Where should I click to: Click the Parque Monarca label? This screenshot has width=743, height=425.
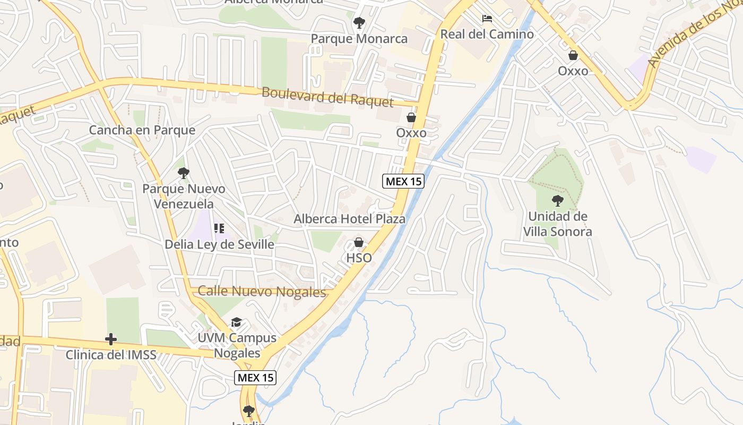coord(359,39)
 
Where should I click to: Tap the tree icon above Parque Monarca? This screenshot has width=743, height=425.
coord(359,23)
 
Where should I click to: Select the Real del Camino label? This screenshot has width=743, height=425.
coord(487,35)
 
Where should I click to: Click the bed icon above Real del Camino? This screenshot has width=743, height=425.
coord(487,19)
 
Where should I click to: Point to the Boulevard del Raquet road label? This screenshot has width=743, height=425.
coord(327,97)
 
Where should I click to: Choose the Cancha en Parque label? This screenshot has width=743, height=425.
coord(142,130)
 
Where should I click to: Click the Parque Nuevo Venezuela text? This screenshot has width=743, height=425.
coord(184,196)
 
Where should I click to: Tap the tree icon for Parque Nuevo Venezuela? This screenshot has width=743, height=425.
coord(184,173)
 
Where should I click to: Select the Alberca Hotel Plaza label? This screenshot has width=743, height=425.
coord(349,219)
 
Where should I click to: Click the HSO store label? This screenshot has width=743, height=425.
coord(359,258)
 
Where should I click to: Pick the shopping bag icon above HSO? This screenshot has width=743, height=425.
coord(359,243)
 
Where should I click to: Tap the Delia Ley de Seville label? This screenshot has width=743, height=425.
coord(219,244)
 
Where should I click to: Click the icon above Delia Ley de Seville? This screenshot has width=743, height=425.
coord(219,229)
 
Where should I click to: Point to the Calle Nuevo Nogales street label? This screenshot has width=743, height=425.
coord(261,292)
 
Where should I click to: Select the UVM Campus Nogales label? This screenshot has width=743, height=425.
coord(237,345)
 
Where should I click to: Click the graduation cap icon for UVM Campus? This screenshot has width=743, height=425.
coord(236,322)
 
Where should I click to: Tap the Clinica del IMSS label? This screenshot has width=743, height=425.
coord(111,354)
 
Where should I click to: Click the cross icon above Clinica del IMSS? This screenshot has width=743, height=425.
coord(111,339)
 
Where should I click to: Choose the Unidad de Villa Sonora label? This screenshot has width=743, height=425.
coord(557,224)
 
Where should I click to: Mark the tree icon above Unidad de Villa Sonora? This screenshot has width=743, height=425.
coord(557,201)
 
